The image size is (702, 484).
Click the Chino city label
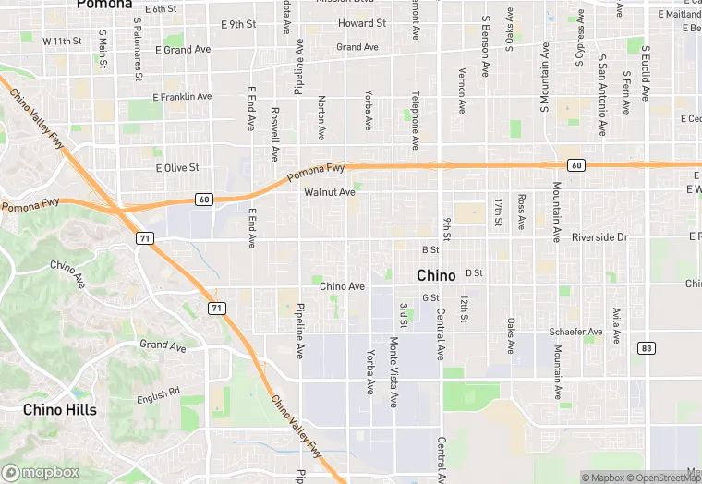[436, 275]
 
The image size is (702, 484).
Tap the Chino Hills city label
[60, 409]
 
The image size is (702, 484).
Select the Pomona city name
[104, 5]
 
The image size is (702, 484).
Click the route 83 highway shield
[646, 347]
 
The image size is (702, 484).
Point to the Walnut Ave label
[329, 193]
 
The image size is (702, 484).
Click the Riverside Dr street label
[599, 237]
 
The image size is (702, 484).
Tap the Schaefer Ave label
[575, 331]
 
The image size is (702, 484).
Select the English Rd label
[158, 396]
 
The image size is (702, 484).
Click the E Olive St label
[177, 168]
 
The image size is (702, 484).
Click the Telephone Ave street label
[416, 120]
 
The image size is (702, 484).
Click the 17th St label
[498, 212]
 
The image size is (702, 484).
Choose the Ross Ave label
[522, 212]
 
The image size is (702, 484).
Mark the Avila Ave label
[615, 325]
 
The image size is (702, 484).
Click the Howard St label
[362, 23]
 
